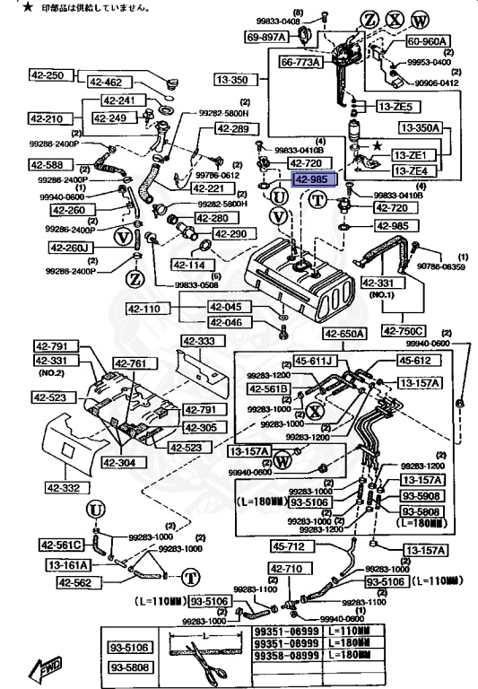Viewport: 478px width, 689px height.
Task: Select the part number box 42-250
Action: [46, 76]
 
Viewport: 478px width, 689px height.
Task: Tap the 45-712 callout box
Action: [291, 546]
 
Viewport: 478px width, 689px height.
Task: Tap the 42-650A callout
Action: [345, 334]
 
